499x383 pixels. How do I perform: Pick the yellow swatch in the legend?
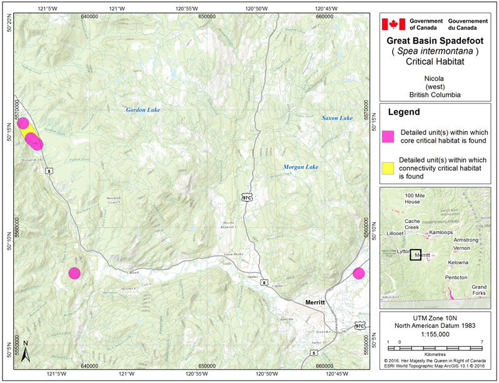coord(388,167)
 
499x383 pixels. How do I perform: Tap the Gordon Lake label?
coord(143,110)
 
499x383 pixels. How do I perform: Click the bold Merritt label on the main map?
coord(310,302)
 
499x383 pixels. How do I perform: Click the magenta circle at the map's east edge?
coord(358,273)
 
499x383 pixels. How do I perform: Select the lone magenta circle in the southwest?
coord(74,273)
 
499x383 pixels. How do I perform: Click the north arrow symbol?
coord(26,353)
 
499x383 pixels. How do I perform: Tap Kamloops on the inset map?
coord(441,232)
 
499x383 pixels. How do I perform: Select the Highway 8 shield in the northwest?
coord(48,170)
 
